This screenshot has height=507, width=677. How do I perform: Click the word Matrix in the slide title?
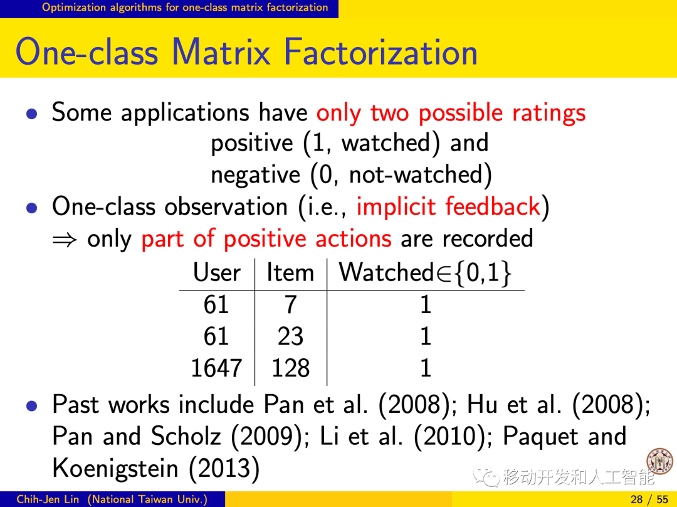tap(221, 52)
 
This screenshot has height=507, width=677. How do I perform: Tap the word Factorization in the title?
tap(380, 52)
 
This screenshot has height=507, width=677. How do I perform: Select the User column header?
tap(217, 273)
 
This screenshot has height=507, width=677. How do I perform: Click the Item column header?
tap(290, 273)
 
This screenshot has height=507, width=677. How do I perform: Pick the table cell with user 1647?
tap(216, 368)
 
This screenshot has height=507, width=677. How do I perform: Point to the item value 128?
tap(291, 368)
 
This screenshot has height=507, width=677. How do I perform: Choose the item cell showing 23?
tap(291, 336)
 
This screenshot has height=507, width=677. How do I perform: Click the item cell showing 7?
tap(291, 304)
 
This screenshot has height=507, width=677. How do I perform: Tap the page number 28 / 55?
tap(649, 499)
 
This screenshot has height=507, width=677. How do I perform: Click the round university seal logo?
tap(659, 462)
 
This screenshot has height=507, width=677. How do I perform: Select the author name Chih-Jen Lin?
tap(48, 499)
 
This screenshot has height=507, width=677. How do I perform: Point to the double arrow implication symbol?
tap(65, 239)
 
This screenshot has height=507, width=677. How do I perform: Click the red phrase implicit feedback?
tap(449, 206)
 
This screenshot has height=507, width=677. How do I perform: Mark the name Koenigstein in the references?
tap(115, 468)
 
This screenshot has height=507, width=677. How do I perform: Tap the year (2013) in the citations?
tap(224, 468)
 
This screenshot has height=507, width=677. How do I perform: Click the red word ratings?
tap(548, 113)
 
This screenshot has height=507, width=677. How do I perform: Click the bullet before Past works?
tap(31, 405)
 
